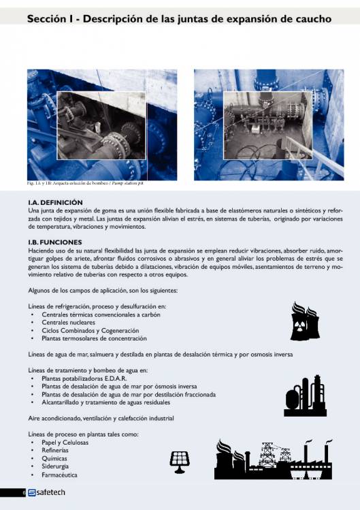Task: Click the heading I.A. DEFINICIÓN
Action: [x=55, y=202]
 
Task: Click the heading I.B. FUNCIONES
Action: [x=55, y=242]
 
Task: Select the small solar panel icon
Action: [x=180, y=462]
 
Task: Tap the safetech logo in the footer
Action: [x=46, y=492]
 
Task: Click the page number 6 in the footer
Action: [x=23, y=493]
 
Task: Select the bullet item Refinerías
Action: [x=56, y=450]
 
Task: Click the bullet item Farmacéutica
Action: [x=59, y=475]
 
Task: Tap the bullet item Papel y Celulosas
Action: [x=65, y=442]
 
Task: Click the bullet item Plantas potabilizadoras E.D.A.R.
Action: [x=84, y=378]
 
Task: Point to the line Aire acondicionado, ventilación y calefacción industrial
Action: [x=100, y=417]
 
